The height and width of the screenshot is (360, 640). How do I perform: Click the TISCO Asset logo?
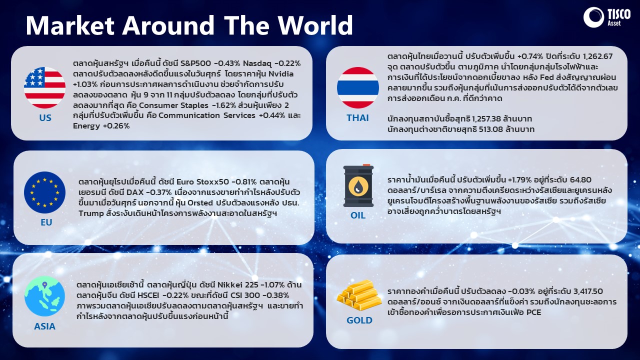pyautogui.click(x=606, y=17)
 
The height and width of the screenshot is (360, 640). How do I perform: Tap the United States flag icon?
pyautogui.click(x=44, y=87)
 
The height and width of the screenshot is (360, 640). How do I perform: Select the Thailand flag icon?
pyautogui.click(x=357, y=87)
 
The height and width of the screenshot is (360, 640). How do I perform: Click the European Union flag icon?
pyautogui.click(x=44, y=192)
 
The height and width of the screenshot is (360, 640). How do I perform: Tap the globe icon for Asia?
pyautogui.click(x=44, y=296)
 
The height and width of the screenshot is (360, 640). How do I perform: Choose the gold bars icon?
pyautogui.click(x=359, y=295)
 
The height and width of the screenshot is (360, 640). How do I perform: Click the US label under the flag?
pyautogui.click(x=45, y=118)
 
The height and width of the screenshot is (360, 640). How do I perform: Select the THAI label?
pyautogui.click(x=357, y=118)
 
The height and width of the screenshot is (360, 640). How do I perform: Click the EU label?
pyautogui.click(x=46, y=222)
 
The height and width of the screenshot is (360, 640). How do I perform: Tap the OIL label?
pyautogui.click(x=358, y=215)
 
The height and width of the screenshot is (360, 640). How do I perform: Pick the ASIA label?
pyautogui.click(x=44, y=326)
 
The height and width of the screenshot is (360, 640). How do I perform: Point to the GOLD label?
pyautogui.click(x=359, y=320)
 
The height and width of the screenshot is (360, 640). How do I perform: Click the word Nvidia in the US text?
pyautogui.click(x=281, y=74)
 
